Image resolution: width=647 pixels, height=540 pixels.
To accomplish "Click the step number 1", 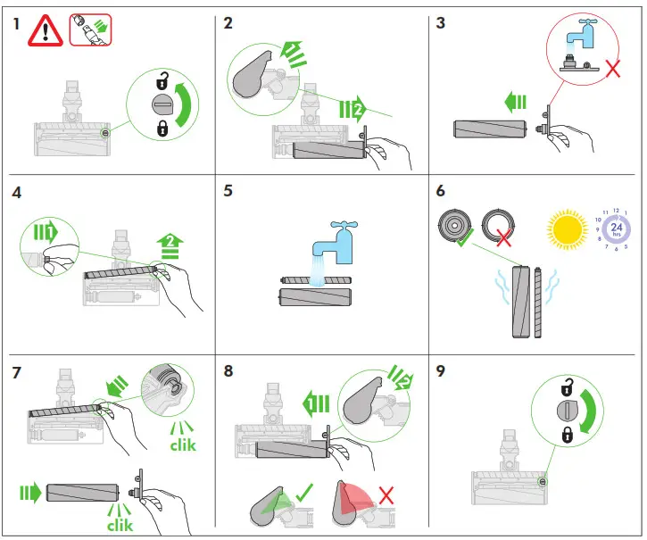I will click(17, 24).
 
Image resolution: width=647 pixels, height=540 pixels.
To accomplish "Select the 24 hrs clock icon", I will click(615, 229).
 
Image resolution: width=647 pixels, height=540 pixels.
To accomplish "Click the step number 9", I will click(441, 371).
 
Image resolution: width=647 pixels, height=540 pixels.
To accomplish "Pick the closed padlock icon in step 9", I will click(567, 435).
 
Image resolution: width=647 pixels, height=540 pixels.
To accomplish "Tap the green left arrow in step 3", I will click(515, 104).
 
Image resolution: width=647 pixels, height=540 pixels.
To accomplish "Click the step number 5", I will click(229, 190).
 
